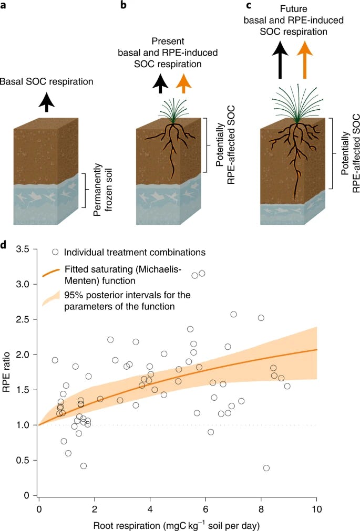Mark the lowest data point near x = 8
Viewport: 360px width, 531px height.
click(266, 468)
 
